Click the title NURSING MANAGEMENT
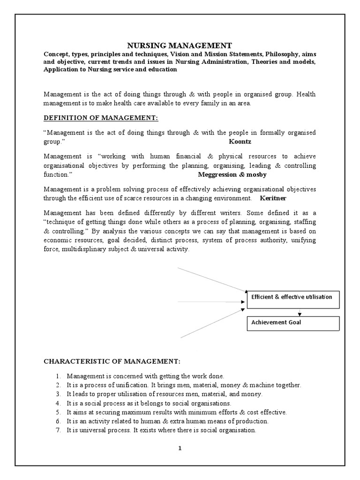180,45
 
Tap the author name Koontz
240,141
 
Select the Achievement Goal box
292,322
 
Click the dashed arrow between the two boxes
299,313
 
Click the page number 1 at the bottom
180,448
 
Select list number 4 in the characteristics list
58,403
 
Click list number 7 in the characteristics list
58,430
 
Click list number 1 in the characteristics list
58,376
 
